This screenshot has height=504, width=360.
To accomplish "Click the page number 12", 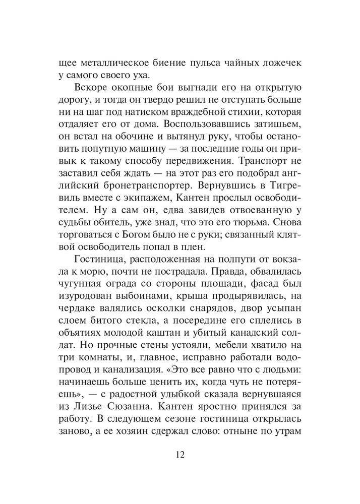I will pyautogui.click(x=180, y=455).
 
